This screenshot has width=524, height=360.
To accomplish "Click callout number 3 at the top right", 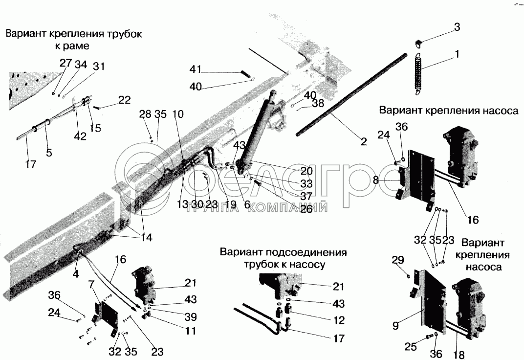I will tap(457, 27).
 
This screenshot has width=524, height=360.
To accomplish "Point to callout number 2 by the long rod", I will tap(364, 142).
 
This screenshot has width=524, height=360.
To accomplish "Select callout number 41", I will tap(196, 69).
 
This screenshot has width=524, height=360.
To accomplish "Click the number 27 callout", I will tap(65, 63).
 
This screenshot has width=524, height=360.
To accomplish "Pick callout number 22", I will tap(124, 100).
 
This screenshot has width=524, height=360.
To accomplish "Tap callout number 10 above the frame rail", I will tap(178, 114).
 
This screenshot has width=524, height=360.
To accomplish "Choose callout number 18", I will tap(459, 356).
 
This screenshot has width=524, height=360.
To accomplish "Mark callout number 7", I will tap(91, 284).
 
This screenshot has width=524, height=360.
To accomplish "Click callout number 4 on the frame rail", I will tap(76, 274).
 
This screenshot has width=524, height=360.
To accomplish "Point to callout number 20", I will tap(306, 171).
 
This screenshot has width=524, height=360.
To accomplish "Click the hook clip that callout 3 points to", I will tap(418, 43).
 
